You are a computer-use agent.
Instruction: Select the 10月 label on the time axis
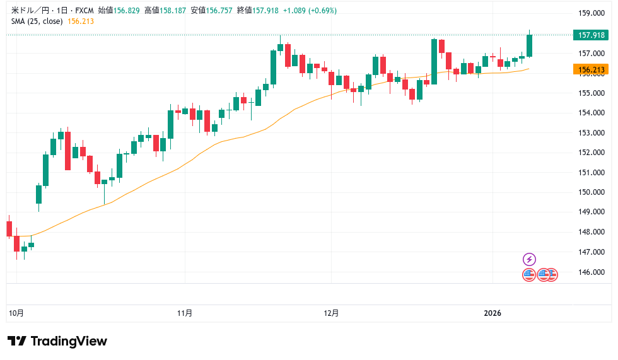click(17, 313)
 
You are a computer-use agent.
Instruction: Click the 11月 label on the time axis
click(185, 313)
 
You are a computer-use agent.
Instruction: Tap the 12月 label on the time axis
click(331, 313)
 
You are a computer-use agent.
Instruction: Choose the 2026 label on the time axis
click(493, 313)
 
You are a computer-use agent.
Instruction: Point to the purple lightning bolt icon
click(530, 259)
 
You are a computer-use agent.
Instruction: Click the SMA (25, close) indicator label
click(37, 21)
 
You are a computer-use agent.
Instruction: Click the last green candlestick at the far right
click(530, 45)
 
